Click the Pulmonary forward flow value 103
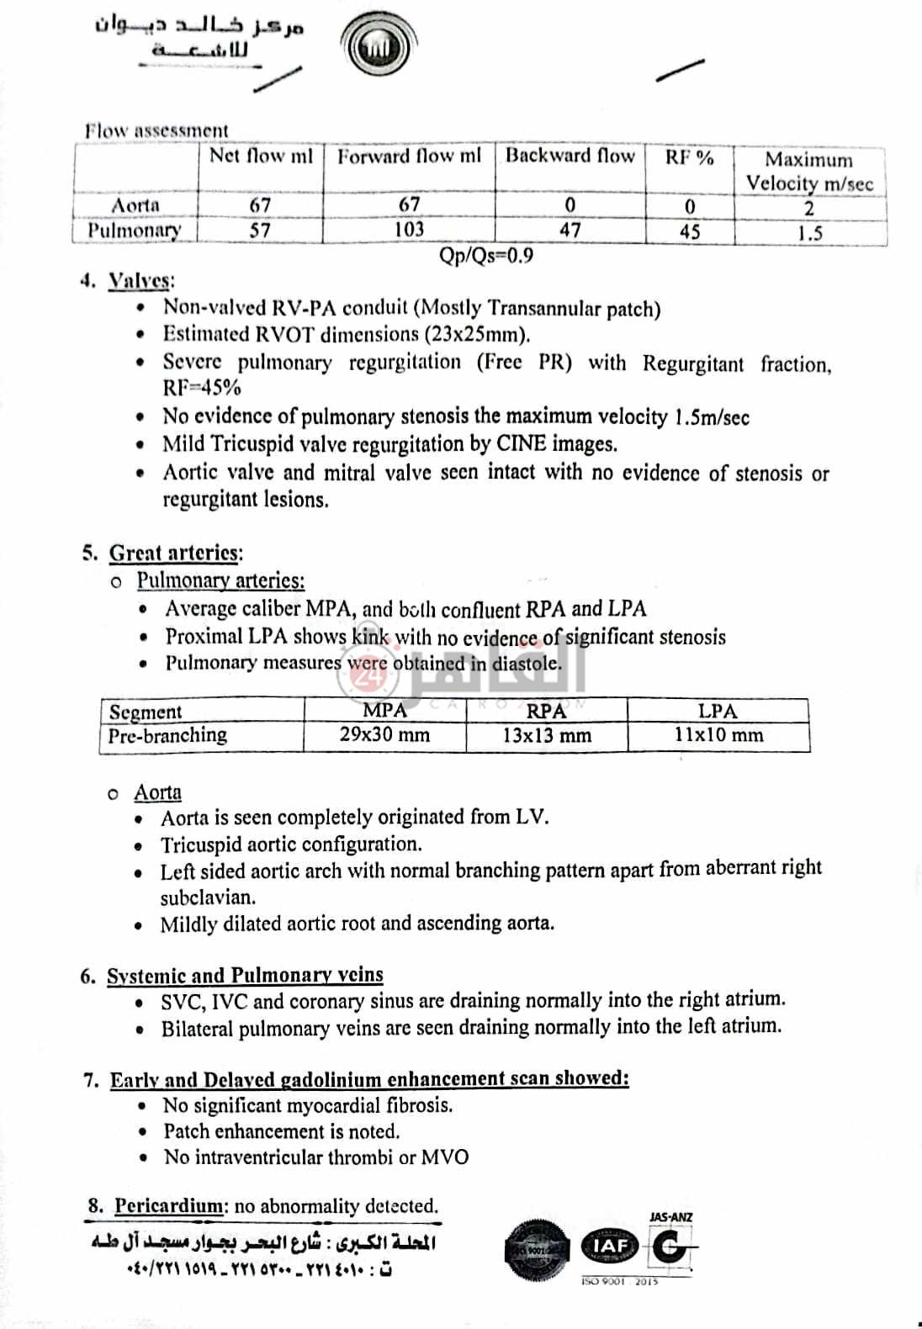coord(409,230)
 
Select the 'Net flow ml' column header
coord(261,156)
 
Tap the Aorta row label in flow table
coord(135,205)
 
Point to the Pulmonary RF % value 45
coord(689,231)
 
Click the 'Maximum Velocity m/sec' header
coord(809,172)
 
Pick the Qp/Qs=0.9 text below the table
coord(486,256)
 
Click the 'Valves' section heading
coord(140,282)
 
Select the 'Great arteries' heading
coord(176,553)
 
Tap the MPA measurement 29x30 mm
coord(384,735)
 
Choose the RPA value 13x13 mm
coord(547,736)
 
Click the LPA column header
coord(718,712)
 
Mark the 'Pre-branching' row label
coord(167,735)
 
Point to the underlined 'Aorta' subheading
coord(157,793)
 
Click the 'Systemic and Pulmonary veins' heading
coord(245,976)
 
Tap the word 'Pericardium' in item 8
coord(169,1206)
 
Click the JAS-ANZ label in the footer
coord(671,1217)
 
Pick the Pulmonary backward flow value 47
coord(570,230)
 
